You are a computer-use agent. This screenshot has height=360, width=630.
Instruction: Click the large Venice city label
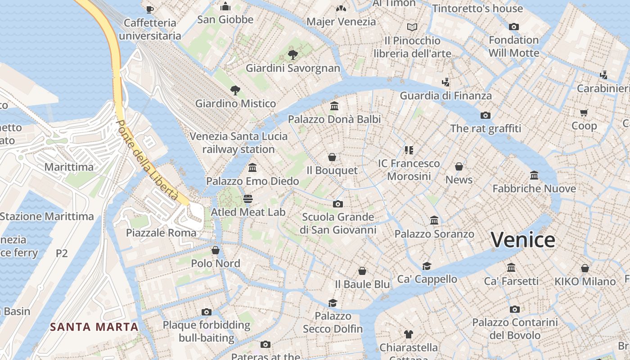point(522,239)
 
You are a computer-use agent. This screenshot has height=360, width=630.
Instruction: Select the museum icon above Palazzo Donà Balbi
point(334,106)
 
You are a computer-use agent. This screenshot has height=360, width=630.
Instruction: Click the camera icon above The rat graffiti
point(485,115)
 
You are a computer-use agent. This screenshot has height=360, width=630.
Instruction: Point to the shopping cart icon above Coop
point(584,112)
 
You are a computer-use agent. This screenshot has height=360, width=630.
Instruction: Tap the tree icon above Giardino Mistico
point(235,90)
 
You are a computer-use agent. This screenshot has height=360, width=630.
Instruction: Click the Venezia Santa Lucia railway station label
point(238,143)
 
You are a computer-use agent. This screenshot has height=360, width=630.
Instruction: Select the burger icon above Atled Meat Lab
point(248,198)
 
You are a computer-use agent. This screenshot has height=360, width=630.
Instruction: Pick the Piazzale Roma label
point(161,233)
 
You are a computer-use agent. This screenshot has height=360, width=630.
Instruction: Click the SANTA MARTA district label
point(94,327)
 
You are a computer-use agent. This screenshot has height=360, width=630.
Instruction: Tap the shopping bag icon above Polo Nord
point(216,250)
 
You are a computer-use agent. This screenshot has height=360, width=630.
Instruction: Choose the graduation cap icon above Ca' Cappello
point(427,266)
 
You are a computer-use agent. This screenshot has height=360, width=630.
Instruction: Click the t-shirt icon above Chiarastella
point(408,334)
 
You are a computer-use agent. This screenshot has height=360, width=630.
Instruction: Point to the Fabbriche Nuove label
point(534,189)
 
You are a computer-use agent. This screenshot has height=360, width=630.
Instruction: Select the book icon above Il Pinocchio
point(412,27)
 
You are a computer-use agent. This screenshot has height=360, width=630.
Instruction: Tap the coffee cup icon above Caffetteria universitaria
point(150,9)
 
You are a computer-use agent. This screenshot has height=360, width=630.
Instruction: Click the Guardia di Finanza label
point(445,95)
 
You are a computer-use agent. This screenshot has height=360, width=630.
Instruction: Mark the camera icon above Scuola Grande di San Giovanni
point(338,204)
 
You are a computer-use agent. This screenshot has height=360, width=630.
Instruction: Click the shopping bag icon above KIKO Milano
point(585,269)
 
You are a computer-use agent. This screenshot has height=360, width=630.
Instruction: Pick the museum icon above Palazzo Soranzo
point(434,220)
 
